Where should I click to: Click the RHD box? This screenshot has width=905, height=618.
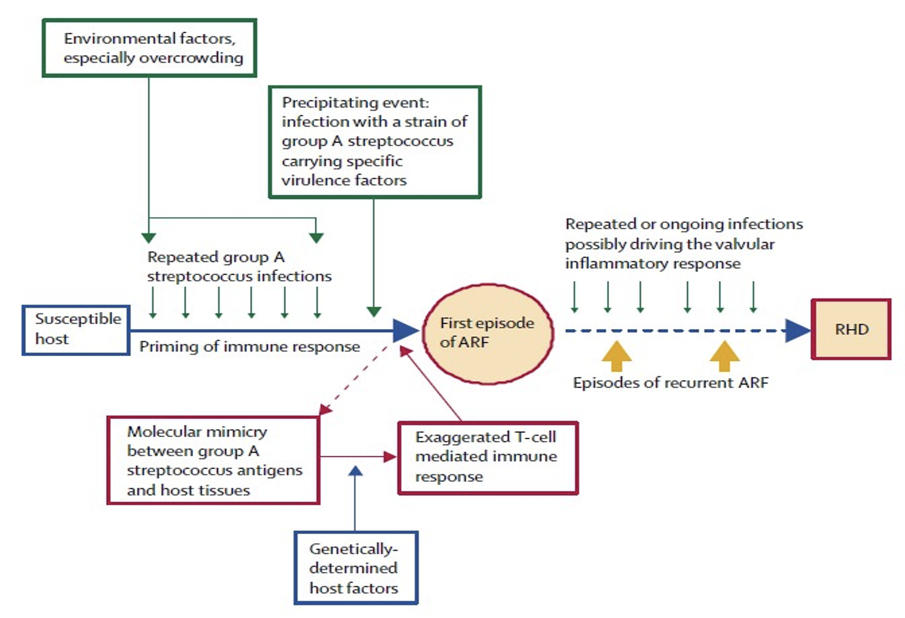[x=851, y=329]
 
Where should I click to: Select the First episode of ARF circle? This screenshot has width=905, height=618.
[x=488, y=333]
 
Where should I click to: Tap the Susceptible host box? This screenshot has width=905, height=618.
[x=76, y=330]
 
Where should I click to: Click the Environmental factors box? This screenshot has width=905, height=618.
[x=150, y=48]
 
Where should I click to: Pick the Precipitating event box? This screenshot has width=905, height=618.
[x=375, y=142]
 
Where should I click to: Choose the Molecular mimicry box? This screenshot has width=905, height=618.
[x=213, y=460]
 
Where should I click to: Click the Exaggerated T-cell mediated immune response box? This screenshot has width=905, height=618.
[x=488, y=457]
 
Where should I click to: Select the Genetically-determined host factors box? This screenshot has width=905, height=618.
[x=356, y=568]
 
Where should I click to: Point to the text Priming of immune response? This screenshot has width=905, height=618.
[x=250, y=347]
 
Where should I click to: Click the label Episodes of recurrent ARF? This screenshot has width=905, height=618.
[x=670, y=382]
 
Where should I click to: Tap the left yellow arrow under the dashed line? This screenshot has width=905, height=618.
[x=616, y=356]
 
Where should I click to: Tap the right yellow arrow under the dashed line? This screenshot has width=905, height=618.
[x=724, y=356]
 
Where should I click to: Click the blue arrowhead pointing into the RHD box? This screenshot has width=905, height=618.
[x=798, y=330]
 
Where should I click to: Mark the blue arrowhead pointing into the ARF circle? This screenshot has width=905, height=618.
[x=405, y=330]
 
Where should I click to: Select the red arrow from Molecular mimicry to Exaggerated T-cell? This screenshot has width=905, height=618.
[x=358, y=457]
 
